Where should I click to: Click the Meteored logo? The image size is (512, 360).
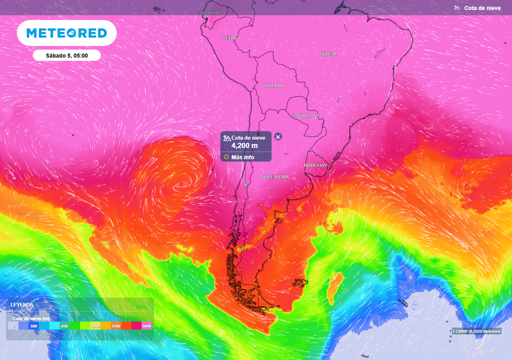(66, 33)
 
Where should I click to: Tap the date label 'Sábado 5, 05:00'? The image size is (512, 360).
(67, 55)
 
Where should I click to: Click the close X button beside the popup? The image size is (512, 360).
(278, 136)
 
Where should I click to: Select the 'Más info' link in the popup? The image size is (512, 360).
(242, 157)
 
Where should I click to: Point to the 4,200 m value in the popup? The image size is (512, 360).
(244, 145)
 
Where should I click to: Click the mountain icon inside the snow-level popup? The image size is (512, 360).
(227, 137)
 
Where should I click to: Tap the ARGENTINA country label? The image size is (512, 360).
(274, 177)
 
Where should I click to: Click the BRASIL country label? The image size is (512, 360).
(328, 54)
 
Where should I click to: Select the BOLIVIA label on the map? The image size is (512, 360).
(274, 85)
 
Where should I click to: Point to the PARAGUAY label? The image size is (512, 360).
(305, 115)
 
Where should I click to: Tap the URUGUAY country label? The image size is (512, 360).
(315, 165)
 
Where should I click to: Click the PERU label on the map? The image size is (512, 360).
(229, 38)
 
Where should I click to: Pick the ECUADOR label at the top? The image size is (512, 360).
(209, 12)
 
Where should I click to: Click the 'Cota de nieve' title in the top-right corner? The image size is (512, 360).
(482, 8)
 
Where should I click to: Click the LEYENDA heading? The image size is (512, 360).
(22, 304)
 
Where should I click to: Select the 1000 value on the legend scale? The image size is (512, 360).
(95, 326)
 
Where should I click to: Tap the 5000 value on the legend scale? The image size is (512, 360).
(146, 326)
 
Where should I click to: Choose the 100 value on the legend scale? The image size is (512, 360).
(33, 326)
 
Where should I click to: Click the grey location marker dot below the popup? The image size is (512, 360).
(245, 185)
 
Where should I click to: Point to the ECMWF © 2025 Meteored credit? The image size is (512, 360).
(476, 331)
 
